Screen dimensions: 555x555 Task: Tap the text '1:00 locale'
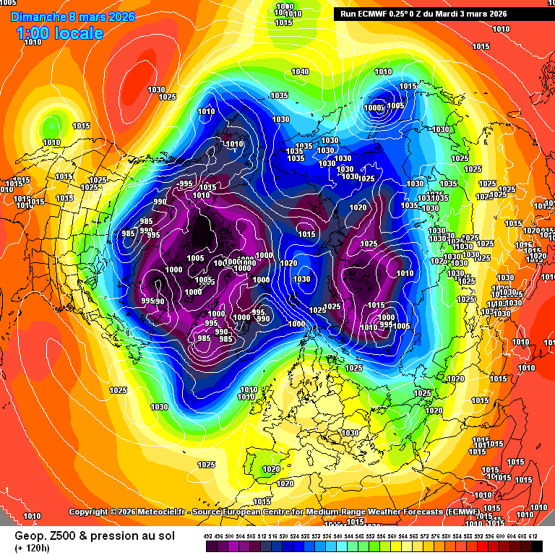(x=59, y=33)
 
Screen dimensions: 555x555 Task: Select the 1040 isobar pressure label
(x=300, y=72)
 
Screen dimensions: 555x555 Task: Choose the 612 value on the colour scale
(x=533, y=535)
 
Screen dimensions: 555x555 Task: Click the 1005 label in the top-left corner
(x=8, y=3)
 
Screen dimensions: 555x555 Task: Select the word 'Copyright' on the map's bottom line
(x=88, y=512)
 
